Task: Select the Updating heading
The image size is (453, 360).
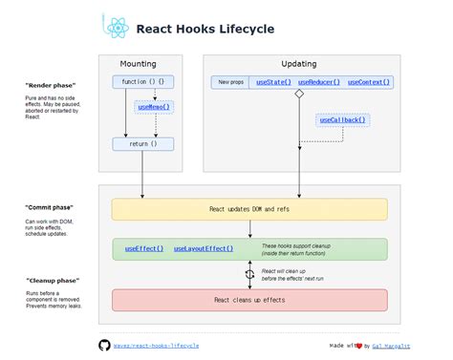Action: click(x=298, y=64)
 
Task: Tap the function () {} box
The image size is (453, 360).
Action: click(x=143, y=82)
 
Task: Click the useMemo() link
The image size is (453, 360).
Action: click(x=153, y=107)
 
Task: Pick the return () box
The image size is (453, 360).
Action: click(x=143, y=144)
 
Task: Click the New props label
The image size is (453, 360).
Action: click(x=232, y=83)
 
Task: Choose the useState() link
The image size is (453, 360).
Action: click(x=274, y=83)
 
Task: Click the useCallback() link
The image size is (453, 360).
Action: click(x=342, y=120)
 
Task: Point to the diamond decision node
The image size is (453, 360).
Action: click(x=299, y=95)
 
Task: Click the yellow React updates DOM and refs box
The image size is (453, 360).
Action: click(x=249, y=209)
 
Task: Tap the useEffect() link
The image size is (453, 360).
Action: click(x=144, y=248)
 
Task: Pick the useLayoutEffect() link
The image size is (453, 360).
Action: click(x=204, y=248)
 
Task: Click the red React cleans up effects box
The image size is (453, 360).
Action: click(x=249, y=299)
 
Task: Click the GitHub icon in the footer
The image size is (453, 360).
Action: click(x=104, y=344)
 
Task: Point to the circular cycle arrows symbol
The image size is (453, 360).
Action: click(x=249, y=273)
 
